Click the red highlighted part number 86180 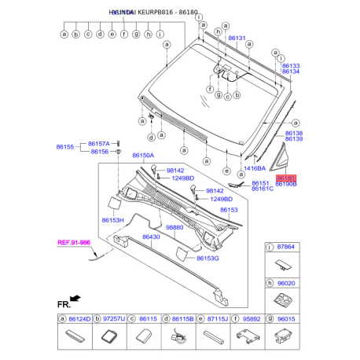pos(285,178)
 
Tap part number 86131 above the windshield pos(237,38)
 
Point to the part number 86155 pos(64,146)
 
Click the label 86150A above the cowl pos(144,156)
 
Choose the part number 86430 pos(150,237)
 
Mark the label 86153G pos(208,258)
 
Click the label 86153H pos(112,221)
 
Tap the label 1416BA pos(254,168)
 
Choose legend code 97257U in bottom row pos(114,320)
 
